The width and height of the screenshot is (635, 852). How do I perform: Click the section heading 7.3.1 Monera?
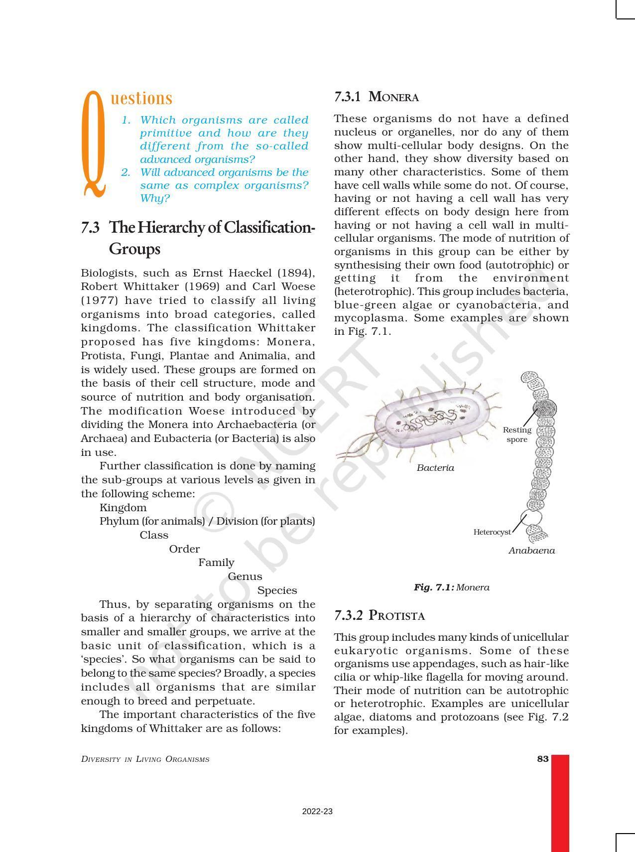tap(376, 97)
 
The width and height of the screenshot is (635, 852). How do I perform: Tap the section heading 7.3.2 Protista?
tap(379, 615)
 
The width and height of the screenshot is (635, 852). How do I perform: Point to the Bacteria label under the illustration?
tap(435, 468)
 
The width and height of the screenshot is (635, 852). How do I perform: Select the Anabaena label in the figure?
tap(531, 551)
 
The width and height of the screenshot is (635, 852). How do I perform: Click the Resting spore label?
tap(517, 434)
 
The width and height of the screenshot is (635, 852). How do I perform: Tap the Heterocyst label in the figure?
tap(492, 532)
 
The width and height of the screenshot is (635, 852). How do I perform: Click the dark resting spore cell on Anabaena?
tap(544, 409)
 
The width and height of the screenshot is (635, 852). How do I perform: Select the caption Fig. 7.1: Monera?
tap(451, 587)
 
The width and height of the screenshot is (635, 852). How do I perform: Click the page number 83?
tap(542, 759)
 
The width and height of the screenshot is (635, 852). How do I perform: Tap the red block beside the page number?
tap(560, 802)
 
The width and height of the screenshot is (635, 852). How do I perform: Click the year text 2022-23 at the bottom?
tap(317, 812)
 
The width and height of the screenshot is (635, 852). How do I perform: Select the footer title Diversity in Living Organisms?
tap(145, 759)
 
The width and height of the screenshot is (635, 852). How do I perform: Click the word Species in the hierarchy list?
tap(277, 590)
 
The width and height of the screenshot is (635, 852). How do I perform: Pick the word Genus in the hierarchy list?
tap(245, 576)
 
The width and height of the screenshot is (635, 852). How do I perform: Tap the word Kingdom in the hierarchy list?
tap(123, 508)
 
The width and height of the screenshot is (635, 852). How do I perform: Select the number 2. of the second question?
tap(126, 172)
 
